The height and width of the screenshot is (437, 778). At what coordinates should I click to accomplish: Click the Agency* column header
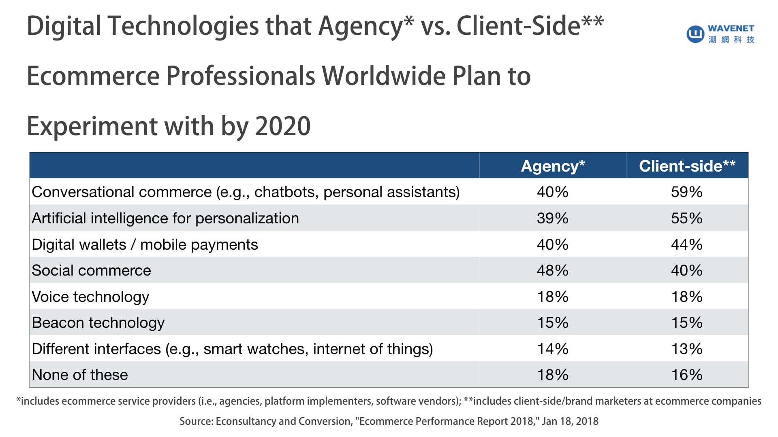(x=553, y=166)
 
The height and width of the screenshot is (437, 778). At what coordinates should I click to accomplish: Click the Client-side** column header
(x=687, y=166)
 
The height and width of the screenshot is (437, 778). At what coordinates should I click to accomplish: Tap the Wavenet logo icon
(x=695, y=34)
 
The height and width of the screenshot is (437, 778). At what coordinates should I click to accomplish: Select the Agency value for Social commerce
(x=552, y=270)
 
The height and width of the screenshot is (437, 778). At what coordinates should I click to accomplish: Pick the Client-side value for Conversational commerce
(x=686, y=192)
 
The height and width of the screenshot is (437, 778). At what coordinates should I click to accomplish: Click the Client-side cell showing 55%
(x=686, y=218)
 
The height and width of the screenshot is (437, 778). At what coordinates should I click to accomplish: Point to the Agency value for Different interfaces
(x=552, y=349)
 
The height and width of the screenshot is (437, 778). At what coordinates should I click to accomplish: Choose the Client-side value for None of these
(x=686, y=375)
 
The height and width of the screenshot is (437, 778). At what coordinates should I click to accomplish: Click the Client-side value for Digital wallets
(x=686, y=244)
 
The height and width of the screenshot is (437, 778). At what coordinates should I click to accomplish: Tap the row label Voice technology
(x=90, y=297)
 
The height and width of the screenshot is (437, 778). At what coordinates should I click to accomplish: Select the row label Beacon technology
(x=98, y=323)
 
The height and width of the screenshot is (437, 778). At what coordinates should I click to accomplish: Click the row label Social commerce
(x=91, y=270)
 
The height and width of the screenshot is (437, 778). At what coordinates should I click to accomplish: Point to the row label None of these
(x=80, y=375)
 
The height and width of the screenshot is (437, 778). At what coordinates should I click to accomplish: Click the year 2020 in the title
(x=283, y=126)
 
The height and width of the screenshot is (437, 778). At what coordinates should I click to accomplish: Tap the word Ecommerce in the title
(x=93, y=76)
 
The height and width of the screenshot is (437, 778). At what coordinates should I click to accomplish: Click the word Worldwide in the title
(x=384, y=76)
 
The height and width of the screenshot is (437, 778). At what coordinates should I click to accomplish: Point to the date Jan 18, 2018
(x=570, y=421)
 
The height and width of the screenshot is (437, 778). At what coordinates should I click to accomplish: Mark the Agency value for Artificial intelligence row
(x=552, y=218)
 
